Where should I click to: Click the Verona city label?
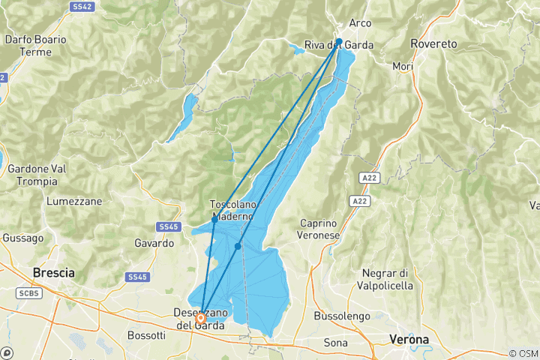409,340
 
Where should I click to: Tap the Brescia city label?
53,273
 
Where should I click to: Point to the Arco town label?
360,23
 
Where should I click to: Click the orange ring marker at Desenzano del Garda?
201,319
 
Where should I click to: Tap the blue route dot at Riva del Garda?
339,42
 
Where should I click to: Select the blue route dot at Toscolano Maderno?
214,220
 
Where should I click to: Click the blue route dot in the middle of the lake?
238,246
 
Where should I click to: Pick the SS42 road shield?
82,6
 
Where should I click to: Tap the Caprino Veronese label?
331,229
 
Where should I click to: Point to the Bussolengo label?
341,316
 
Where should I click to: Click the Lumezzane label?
73,202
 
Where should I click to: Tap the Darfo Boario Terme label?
35,45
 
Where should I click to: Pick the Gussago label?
18,236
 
